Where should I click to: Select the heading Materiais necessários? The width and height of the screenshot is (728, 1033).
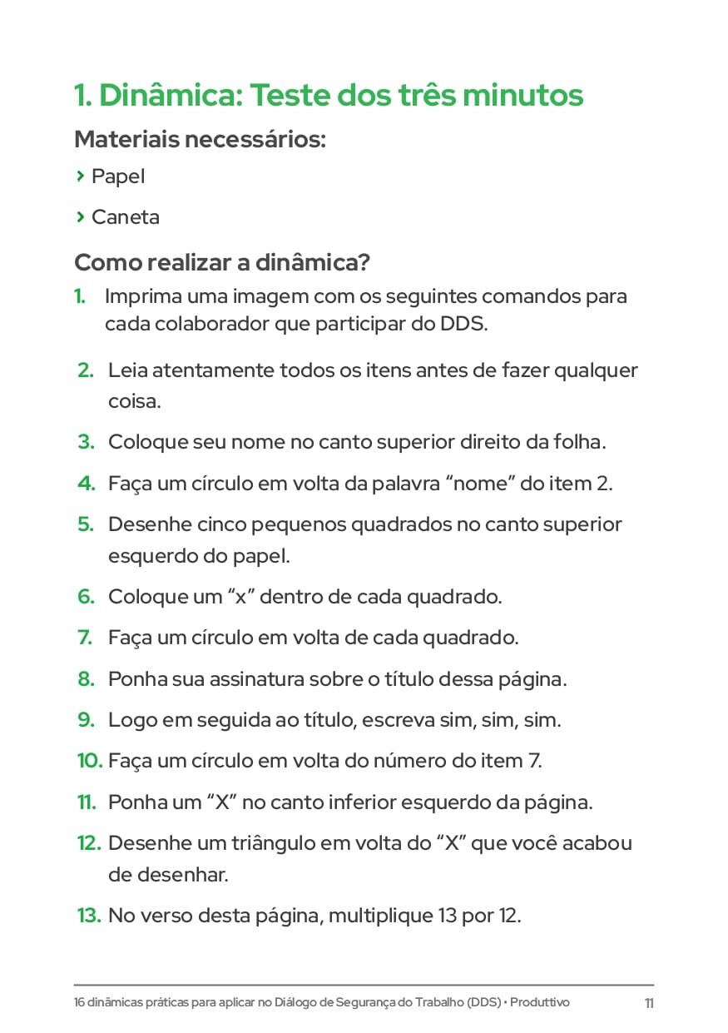[x=200, y=139]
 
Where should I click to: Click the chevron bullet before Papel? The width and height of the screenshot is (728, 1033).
[x=80, y=176]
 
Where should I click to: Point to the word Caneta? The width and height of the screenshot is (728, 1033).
[x=126, y=217]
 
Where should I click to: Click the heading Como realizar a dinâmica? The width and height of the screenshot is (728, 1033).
[x=222, y=263]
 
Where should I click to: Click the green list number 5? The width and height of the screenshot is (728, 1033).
[x=86, y=524]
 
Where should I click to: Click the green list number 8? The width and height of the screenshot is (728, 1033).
[x=86, y=678]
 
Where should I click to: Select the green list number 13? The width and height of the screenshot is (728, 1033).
[x=89, y=916]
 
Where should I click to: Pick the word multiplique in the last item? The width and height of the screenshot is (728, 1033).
[x=379, y=916]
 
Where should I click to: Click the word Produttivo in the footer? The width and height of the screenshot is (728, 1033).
[x=540, y=1002]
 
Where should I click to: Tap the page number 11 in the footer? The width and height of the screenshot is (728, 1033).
[x=649, y=1003]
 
